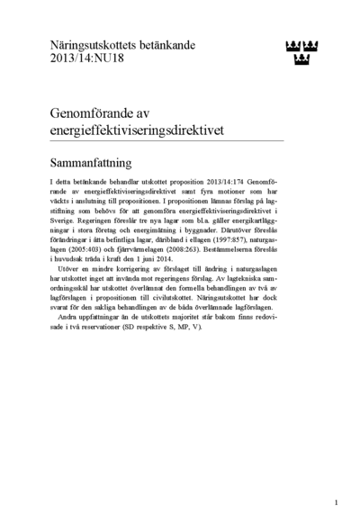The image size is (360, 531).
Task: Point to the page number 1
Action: point(336,503)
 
